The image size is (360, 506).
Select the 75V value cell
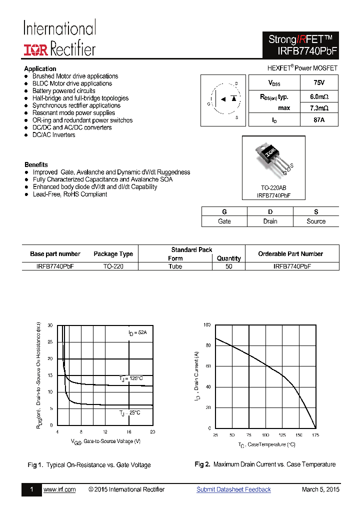coord(318,82)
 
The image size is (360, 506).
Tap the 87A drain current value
coord(318,120)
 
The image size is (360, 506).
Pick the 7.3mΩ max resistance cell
coord(318,108)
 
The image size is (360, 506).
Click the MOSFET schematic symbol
coord(224,100)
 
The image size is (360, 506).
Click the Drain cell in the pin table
coord(270,221)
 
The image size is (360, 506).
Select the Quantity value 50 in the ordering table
coord(229,266)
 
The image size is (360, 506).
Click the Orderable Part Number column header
coord(290,253)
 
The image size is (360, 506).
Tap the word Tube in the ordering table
coord(175,266)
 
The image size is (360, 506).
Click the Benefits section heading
coord(36,164)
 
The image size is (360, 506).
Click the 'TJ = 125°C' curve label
coord(131,378)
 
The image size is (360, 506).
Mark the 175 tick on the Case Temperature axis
coord(316,435)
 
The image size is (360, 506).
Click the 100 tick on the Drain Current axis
coord(207,325)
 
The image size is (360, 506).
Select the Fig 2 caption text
coord(265,464)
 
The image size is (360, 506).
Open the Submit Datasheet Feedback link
coord(233,489)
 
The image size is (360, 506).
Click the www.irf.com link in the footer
coord(59,489)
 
